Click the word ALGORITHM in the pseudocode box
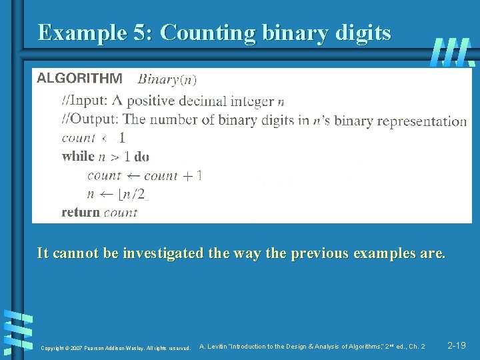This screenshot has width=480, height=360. coord(79,78)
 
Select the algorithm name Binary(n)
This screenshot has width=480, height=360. coord(167,79)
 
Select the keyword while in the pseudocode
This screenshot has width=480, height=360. coord(78,157)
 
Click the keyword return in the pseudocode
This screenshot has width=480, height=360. coord(81,212)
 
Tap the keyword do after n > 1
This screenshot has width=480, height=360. coord(141,157)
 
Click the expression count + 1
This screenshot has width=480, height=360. coord(173,176)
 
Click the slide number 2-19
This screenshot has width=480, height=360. coord(457,345)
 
